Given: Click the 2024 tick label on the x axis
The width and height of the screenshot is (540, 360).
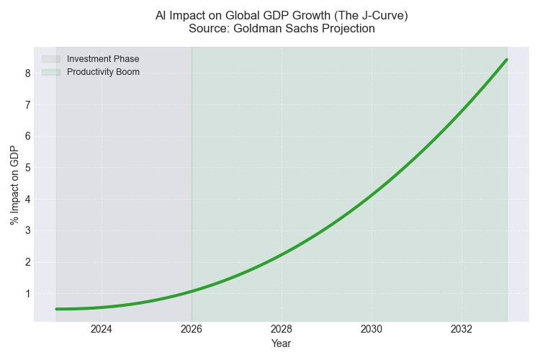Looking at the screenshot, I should [x=102, y=329].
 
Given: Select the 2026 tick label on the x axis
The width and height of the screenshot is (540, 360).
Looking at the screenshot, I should [x=192, y=329].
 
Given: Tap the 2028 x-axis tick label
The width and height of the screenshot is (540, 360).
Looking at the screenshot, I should [x=282, y=329].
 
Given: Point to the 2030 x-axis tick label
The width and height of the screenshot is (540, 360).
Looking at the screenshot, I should [x=372, y=329].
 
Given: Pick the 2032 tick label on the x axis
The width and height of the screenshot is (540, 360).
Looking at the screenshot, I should [x=462, y=329].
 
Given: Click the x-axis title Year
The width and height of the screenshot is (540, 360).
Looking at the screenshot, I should [x=282, y=344].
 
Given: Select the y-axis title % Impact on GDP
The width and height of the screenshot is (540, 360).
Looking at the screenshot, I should [x=14, y=184].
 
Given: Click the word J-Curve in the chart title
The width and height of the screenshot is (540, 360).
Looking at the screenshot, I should [x=375, y=15].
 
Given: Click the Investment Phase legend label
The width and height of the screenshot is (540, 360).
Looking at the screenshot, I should [x=103, y=59].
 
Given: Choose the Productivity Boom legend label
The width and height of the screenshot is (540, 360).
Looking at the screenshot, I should [x=103, y=72].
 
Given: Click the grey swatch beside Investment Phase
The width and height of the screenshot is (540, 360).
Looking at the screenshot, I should [x=51, y=59].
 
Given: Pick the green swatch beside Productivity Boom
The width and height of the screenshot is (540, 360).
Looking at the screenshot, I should [x=51, y=72].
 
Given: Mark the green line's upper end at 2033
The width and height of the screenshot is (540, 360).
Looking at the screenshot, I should [x=507, y=60].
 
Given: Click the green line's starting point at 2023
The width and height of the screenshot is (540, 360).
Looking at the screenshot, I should [x=57, y=309].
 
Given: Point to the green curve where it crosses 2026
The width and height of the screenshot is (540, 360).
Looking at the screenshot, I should [x=192, y=291].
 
